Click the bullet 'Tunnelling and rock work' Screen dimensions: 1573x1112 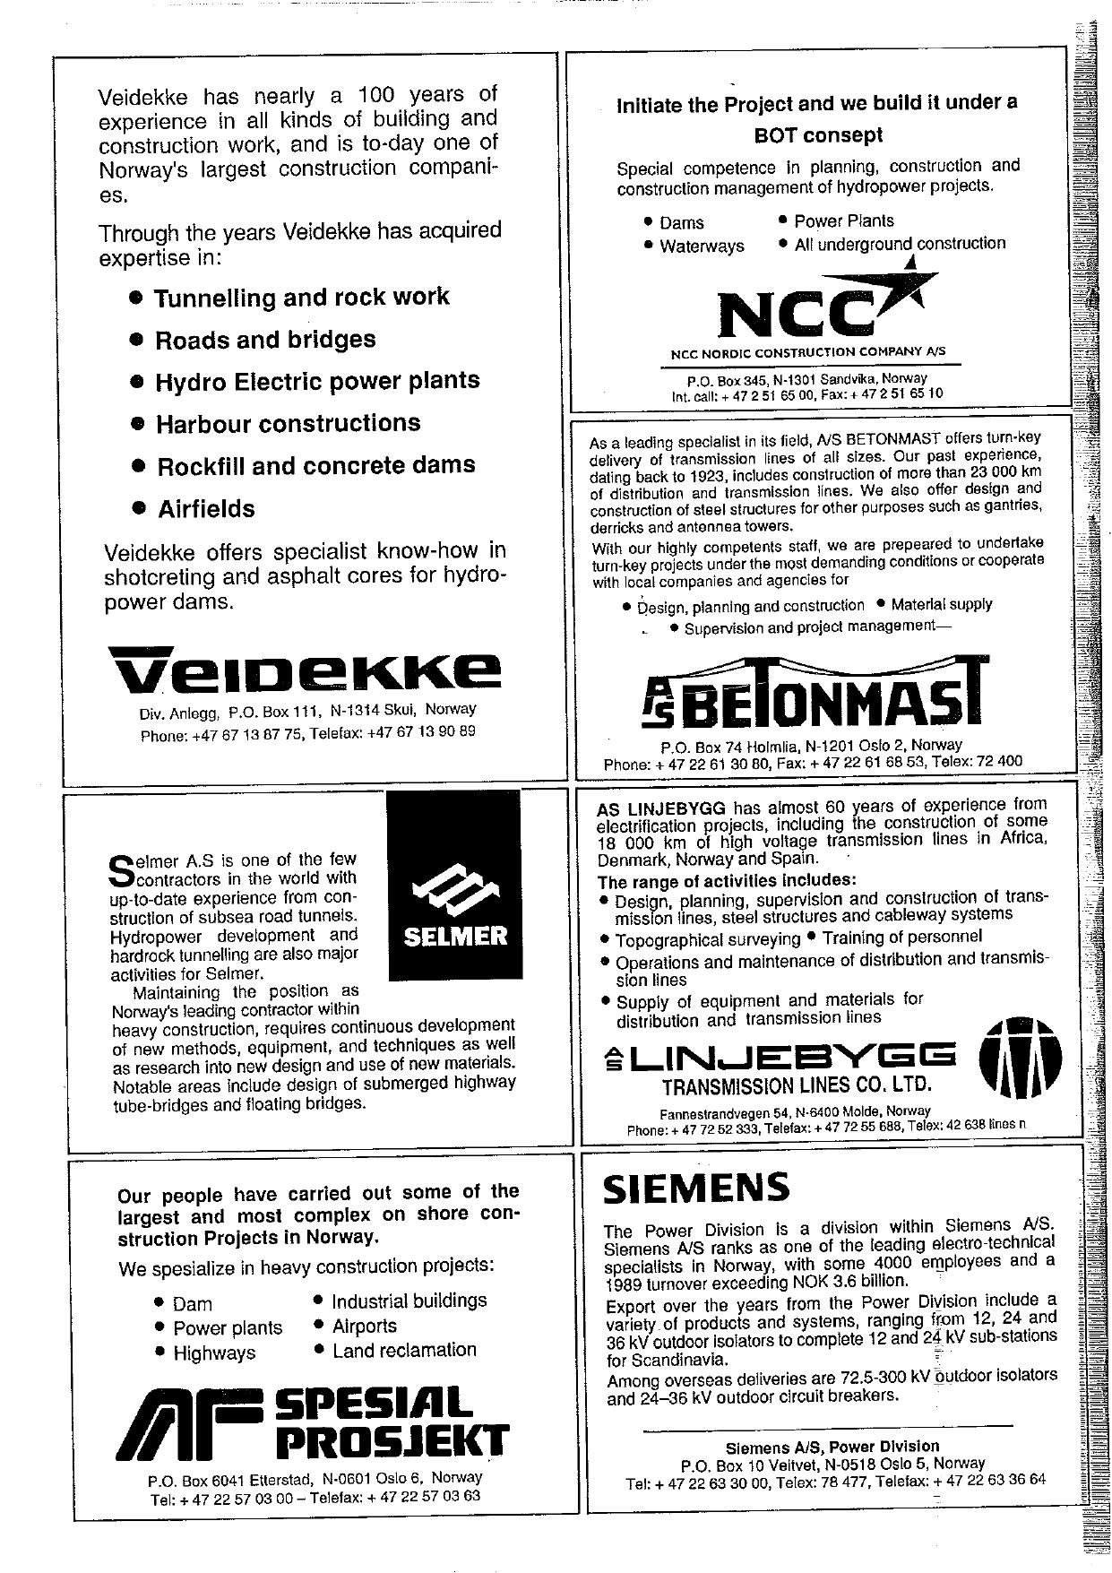point(301,298)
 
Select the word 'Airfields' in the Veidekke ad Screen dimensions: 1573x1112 point(206,509)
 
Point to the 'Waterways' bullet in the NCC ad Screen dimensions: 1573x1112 point(702,246)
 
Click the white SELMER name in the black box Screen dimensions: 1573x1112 point(455,938)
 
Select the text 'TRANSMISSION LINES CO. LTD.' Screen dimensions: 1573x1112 point(797,1087)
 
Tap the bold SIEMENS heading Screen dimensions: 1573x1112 point(696,1188)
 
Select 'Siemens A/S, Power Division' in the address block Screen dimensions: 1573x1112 point(832,1446)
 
